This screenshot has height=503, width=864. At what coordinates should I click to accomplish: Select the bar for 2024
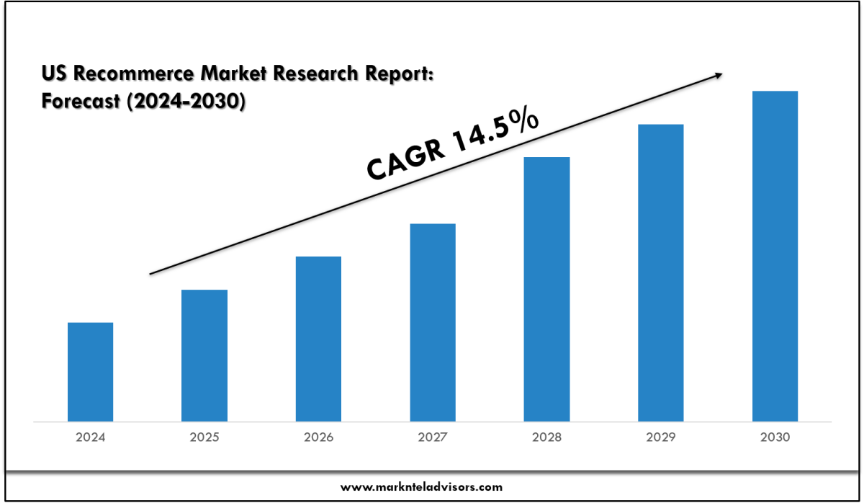90,372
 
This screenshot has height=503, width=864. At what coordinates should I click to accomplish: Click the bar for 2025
204,355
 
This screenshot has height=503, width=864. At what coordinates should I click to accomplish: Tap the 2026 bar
318,339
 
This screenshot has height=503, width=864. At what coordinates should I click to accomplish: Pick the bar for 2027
433,322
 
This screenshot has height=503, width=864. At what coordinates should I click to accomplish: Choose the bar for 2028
546,289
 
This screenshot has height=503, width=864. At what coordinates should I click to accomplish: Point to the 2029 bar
661,272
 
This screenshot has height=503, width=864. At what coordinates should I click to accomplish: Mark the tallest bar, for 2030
775,256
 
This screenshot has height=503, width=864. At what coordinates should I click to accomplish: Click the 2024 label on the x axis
90,437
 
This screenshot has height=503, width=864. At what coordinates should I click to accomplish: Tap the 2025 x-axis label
204,437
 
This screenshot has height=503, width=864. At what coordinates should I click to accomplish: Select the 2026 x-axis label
318,437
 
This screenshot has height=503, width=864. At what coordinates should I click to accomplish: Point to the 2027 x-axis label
433,437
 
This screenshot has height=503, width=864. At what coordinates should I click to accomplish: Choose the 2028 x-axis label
546,437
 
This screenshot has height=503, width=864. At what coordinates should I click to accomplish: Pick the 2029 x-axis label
661,437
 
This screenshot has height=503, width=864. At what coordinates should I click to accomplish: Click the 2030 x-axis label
775,437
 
